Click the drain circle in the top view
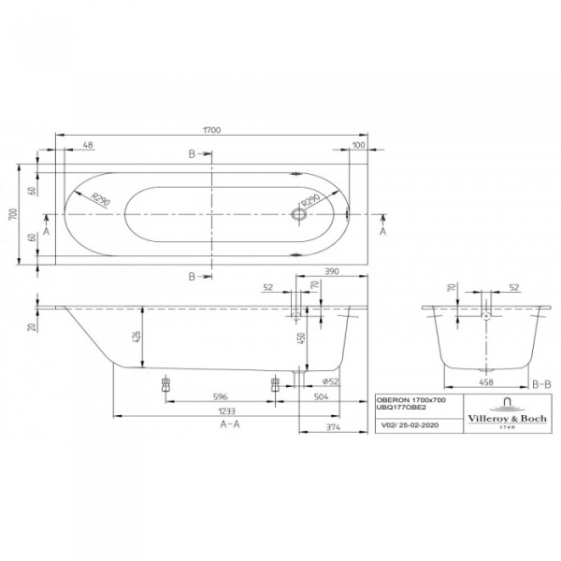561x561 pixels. tap(299, 214)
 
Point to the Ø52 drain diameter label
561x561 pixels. tap(329, 382)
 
